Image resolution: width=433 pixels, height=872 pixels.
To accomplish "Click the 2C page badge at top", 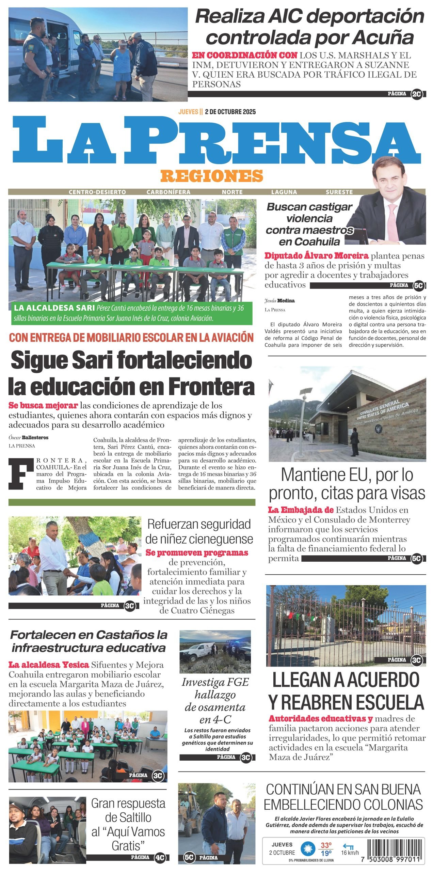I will (416, 94).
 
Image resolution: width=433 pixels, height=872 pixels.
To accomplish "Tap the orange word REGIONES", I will (212, 176).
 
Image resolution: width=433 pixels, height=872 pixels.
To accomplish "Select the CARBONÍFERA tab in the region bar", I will (168, 192).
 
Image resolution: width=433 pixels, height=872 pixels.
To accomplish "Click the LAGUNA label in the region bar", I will (284, 192).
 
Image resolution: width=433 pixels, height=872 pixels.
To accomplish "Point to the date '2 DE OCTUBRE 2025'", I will (230, 112).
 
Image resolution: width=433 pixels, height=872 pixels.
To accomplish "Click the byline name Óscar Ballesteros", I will (29, 437).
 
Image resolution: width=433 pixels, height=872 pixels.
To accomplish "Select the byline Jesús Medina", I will (279, 300).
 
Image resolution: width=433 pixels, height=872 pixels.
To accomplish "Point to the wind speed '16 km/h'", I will (350, 853).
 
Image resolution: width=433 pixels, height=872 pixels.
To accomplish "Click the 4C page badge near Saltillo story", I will (160, 857).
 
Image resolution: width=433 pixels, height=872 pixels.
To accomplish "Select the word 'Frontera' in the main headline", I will (211, 386).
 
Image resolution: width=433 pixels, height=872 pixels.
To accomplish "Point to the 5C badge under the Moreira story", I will (418, 285).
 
